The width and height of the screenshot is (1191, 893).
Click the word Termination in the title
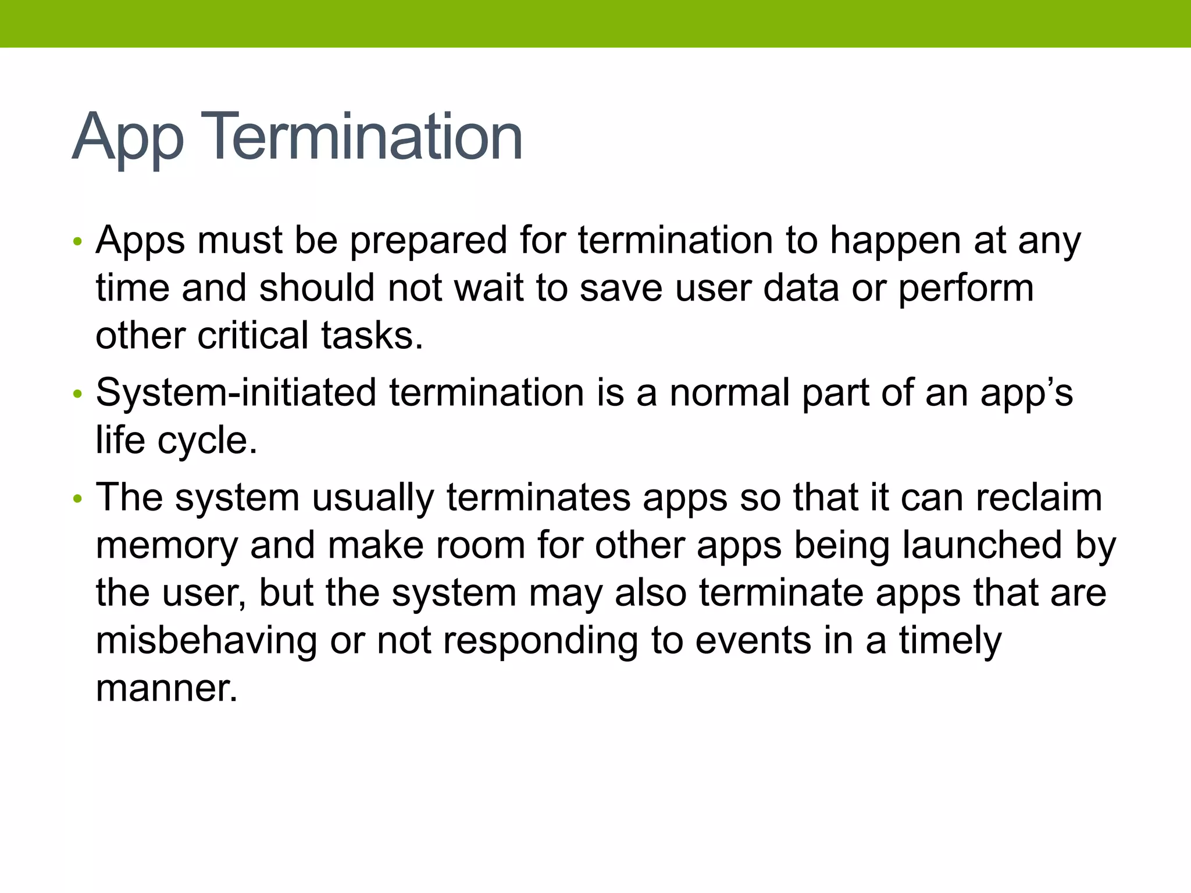coord(361,137)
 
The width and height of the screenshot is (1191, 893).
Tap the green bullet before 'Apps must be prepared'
coord(78,241)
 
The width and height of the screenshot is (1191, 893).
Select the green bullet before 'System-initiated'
coord(78,394)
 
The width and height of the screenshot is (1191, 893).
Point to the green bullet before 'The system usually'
coord(78,499)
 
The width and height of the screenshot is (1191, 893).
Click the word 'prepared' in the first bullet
coord(428,241)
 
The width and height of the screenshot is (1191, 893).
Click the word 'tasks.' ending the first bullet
coord(372,335)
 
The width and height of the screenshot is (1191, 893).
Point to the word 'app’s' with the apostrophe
coord(1026,394)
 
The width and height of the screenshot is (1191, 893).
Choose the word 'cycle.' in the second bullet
coord(207,441)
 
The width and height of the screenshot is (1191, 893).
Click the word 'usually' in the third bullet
coord(373,498)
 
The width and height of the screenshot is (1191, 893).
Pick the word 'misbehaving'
coord(206,640)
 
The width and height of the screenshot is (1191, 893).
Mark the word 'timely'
coord(950,640)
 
